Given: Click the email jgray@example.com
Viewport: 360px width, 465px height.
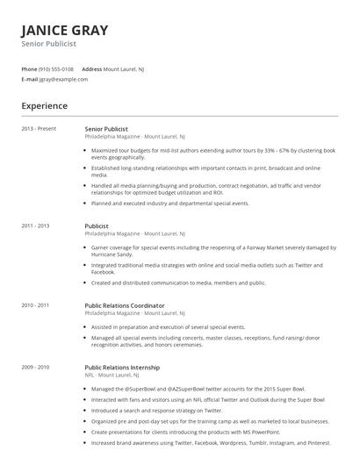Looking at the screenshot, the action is click(63, 79).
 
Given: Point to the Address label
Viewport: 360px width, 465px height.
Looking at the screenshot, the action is click(91, 68).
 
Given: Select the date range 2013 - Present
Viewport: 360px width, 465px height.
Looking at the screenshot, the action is click(39, 129).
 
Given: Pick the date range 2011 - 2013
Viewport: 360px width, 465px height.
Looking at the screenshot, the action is click(36, 226).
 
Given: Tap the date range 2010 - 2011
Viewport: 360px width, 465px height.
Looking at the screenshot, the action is click(36, 305).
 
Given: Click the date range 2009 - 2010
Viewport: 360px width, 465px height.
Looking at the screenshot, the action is click(36, 367).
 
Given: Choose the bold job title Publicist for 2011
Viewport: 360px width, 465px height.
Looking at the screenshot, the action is click(97, 226).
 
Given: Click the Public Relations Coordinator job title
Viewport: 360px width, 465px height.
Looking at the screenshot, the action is click(124, 305).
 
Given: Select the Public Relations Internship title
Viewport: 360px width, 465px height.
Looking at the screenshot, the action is click(122, 367).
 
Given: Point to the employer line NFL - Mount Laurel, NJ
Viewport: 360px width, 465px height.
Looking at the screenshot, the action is click(115, 375).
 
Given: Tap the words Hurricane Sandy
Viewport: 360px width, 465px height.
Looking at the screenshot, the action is click(109, 254).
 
